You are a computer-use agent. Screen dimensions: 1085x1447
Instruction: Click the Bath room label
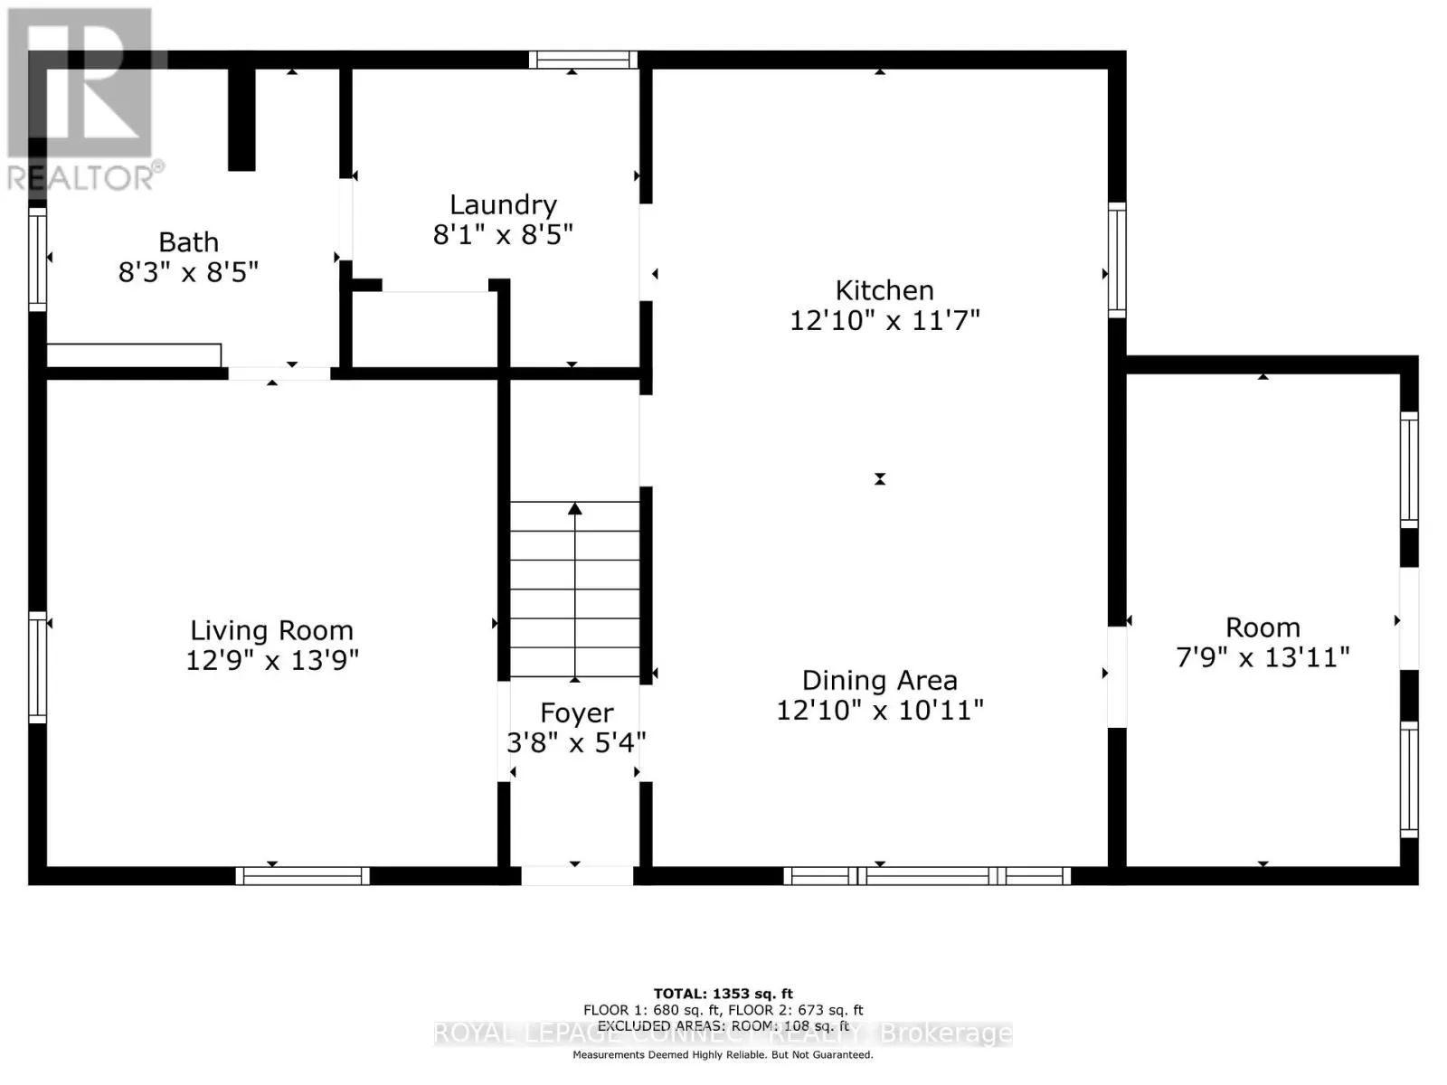(x=188, y=242)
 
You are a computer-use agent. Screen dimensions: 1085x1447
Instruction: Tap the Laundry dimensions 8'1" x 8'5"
(x=503, y=235)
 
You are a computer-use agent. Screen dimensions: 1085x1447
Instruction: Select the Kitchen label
(x=884, y=290)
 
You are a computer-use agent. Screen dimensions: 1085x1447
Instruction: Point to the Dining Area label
(x=879, y=680)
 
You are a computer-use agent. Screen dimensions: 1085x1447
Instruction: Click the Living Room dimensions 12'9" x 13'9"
(x=272, y=660)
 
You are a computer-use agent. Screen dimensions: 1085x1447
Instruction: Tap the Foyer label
(x=577, y=713)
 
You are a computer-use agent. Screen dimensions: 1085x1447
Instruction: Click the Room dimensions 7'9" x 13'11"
(x=1263, y=656)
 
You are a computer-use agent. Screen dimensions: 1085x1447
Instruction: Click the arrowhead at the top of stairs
(x=575, y=509)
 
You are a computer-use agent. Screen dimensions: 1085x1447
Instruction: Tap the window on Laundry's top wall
(x=583, y=60)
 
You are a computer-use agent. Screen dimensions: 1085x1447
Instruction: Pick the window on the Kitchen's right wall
(x=1117, y=259)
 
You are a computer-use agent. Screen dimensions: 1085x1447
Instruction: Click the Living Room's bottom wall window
(x=303, y=875)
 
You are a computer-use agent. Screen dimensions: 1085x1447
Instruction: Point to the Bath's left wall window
(x=37, y=259)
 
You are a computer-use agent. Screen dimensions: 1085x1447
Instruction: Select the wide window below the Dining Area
(x=927, y=875)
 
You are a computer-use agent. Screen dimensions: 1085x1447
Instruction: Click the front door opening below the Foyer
(x=577, y=875)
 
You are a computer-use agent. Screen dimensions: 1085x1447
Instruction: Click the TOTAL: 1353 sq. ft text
(x=723, y=994)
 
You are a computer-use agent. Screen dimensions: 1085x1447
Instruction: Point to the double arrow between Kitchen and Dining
(x=880, y=479)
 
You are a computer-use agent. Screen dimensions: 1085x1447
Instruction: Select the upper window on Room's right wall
(x=1409, y=468)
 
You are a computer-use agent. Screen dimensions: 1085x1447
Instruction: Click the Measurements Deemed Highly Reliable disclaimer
(x=723, y=1054)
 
